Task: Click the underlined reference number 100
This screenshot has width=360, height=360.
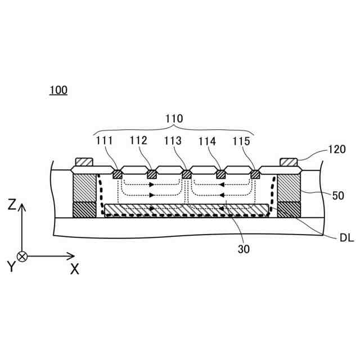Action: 58,90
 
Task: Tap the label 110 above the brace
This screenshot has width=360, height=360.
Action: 174,119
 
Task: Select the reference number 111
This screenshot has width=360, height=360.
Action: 103,141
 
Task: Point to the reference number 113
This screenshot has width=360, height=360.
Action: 173,141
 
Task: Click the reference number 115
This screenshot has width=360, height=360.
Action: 242,141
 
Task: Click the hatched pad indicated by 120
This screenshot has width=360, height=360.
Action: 288,162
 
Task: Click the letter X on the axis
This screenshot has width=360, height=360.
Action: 74,269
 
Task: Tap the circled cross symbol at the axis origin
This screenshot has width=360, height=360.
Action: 22,256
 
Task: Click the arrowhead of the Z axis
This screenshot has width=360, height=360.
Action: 22,208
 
